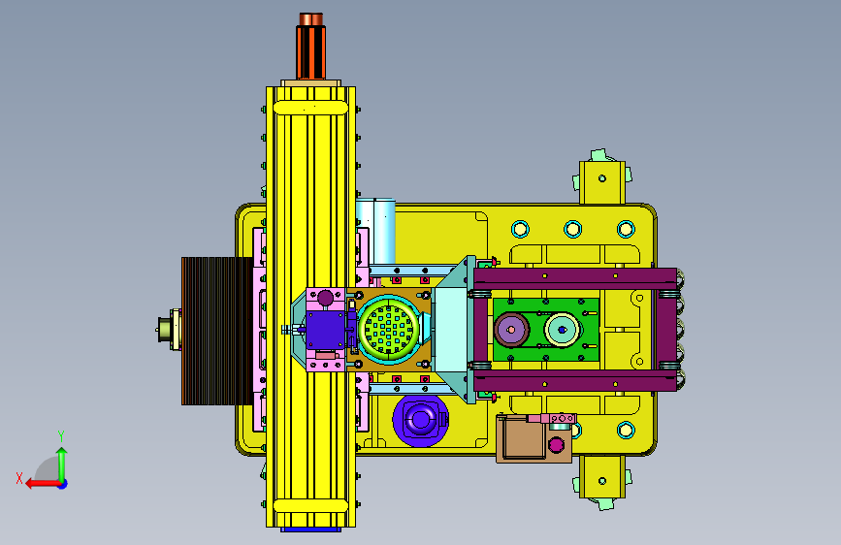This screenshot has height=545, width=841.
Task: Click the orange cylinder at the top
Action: (x=310, y=47)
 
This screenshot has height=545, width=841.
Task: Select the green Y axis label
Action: (x=61, y=435)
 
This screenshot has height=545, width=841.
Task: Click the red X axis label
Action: (x=19, y=478)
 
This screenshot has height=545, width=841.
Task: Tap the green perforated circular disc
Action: (x=388, y=329)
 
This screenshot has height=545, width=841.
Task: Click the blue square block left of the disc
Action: (x=325, y=330)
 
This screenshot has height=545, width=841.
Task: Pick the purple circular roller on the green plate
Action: (x=511, y=329)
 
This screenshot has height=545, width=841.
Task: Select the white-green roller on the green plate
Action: (x=562, y=329)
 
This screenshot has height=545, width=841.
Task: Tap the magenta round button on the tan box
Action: (x=556, y=445)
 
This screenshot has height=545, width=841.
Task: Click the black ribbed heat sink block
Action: (x=216, y=331)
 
